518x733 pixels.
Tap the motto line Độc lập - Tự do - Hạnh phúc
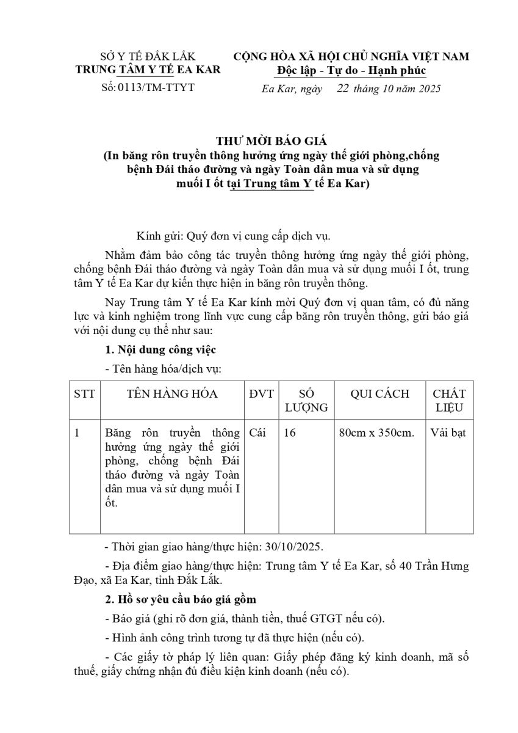pyautogui.click(x=351, y=70)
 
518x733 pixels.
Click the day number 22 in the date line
pyautogui.click(x=342, y=89)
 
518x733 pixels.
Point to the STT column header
pyautogui.click(x=84, y=394)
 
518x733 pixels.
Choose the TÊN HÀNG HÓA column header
pyautogui.click(x=172, y=394)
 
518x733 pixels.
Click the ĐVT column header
pyautogui.click(x=262, y=394)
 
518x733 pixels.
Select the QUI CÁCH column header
pyautogui.click(x=380, y=394)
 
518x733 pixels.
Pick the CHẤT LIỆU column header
pyautogui.click(x=449, y=401)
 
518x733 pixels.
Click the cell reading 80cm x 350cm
pyautogui.click(x=376, y=433)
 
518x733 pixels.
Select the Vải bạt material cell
pyautogui.click(x=448, y=433)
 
